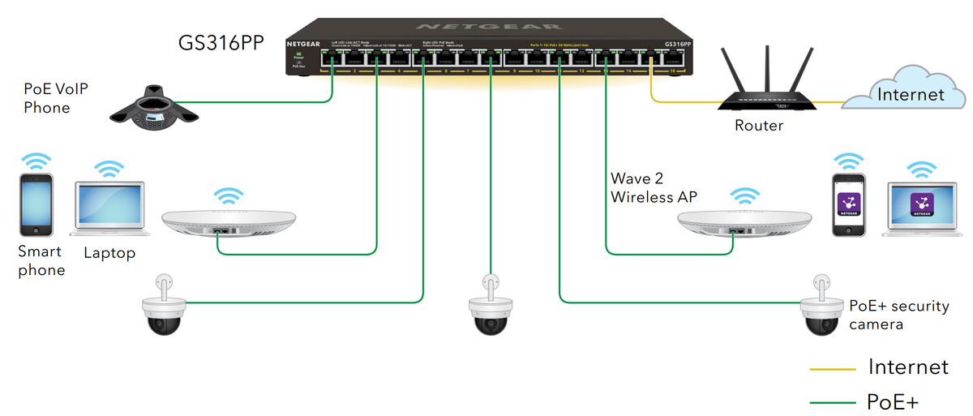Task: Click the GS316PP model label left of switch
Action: (221, 43)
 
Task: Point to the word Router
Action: (759, 126)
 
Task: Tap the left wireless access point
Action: (229, 222)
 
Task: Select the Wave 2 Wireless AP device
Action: (744, 222)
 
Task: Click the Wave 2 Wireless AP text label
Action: (654, 187)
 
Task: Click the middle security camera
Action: (491, 309)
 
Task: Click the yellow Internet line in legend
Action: (833, 369)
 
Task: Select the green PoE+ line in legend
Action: (833, 402)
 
